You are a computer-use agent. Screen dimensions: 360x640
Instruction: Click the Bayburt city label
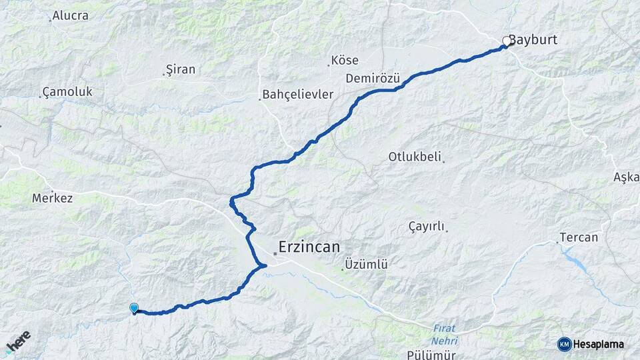pos(533,40)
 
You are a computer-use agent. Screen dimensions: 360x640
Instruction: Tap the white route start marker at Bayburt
pos(507,41)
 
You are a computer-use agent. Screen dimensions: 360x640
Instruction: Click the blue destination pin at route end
pos(134,308)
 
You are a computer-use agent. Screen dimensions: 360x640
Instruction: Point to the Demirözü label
pos(372,79)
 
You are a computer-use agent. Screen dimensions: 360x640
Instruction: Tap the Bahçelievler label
pos(297,95)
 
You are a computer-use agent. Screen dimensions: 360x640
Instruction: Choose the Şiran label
pos(180,69)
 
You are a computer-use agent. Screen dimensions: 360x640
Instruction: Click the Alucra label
pos(70,15)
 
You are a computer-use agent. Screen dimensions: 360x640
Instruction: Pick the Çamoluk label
pos(67,91)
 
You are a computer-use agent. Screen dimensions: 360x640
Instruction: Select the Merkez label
pos(52,198)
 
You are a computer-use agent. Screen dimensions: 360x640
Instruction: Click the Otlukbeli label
pos(415,157)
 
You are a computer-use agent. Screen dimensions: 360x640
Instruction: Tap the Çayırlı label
pos(426,227)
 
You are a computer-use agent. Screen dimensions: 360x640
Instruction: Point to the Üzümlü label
pos(365,265)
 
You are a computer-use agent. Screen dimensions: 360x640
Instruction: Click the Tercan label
pos(579,237)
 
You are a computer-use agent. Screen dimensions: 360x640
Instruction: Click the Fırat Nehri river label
pos(444,335)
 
